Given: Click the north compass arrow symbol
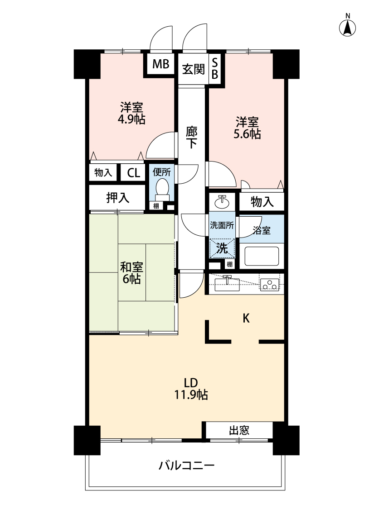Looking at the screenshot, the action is pyautogui.click(x=347, y=27).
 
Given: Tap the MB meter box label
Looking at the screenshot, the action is pyautogui.click(x=160, y=64).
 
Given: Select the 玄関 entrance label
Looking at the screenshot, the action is pyautogui.click(x=193, y=69).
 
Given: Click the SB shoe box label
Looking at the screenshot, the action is pyautogui.click(x=215, y=68).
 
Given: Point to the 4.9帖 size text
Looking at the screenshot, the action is pyautogui.click(x=131, y=119).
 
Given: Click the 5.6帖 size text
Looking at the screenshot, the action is pyautogui.click(x=247, y=134).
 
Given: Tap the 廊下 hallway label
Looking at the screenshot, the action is pyautogui.click(x=192, y=137).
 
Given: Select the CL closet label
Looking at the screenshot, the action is pyautogui.click(x=133, y=173).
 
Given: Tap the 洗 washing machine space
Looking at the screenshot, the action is pyautogui.click(x=222, y=248).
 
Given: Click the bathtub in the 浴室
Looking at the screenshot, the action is pyautogui.click(x=262, y=256).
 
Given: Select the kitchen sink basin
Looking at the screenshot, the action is pyautogui.click(x=227, y=284).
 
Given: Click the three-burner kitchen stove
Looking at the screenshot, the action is pyautogui.click(x=270, y=285).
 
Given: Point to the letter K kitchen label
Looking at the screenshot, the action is pyautogui.click(x=246, y=319).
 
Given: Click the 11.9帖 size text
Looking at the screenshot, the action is pyautogui.click(x=191, y=395).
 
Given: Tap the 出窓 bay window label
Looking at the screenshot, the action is pyautogui.click(x=239, y=430).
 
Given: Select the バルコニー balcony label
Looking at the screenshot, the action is pyautogui.click(x=187, y=466).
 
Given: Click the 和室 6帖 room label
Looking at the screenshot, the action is pyautogui.click(x=131, y=273).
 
